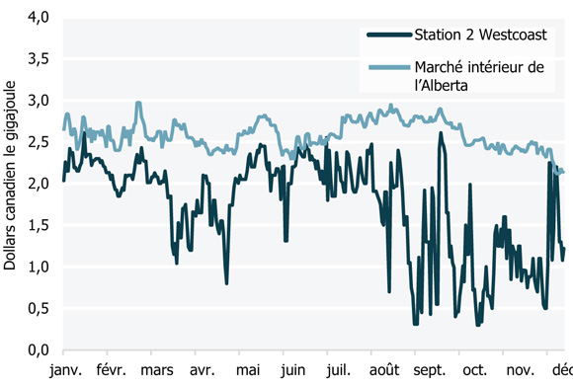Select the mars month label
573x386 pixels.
(x=158, y=370)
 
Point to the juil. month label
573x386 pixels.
(x=336, y=370)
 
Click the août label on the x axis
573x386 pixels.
(x=383, y=370)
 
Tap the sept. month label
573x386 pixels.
(x=431, y=370)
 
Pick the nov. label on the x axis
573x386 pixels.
(x=521, y=370)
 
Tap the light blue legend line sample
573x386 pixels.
(x=386, y=68)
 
